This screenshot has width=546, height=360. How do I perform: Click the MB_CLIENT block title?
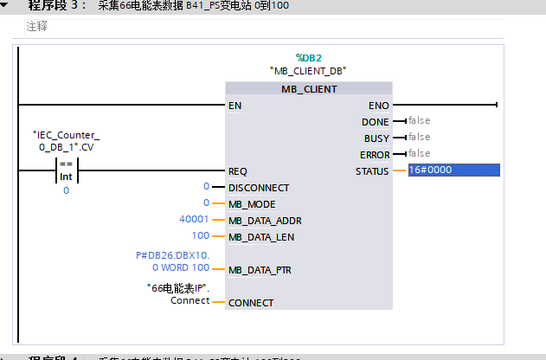(308, 88)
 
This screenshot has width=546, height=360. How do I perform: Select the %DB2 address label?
(308, 57)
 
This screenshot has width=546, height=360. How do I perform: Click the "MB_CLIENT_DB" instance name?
(308, 70)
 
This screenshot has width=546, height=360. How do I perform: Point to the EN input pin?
(234, 106)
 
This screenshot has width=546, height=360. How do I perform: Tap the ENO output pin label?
(378, 106)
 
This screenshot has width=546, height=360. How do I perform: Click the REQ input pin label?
(238, 171)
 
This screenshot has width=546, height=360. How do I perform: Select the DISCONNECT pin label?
(258, 188)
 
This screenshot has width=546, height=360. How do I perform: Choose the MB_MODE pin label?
(252, 204)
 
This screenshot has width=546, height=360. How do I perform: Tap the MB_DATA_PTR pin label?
(260, 270)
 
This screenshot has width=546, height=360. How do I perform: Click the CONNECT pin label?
(250, 303)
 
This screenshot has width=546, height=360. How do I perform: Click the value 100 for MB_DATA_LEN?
(201, 235)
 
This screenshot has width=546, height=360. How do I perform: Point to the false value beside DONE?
(419, 121)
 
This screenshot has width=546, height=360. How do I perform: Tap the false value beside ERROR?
(419, 153)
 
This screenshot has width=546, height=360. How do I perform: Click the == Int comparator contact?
(67, 170)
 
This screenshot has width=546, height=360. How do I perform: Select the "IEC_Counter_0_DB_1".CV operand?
(67, 141)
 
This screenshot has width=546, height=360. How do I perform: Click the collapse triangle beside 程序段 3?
(8, 5)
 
